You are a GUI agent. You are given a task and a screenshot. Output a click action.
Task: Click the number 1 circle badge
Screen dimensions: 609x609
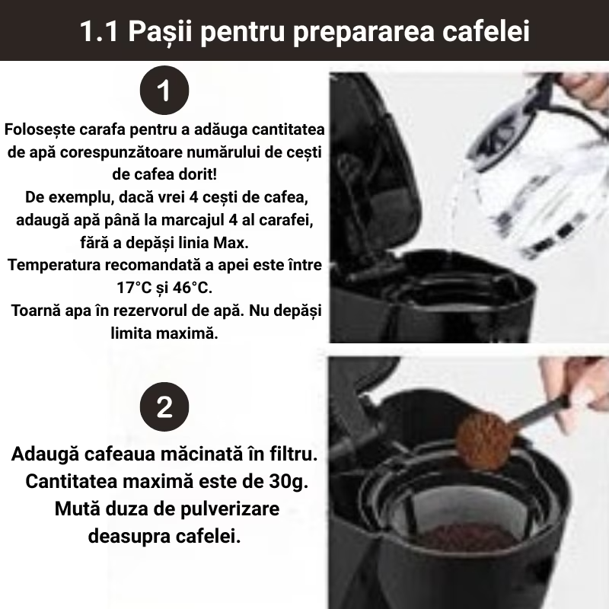[x=164, y=90]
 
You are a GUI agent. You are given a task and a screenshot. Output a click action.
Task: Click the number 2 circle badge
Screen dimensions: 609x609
[x=164, y=407]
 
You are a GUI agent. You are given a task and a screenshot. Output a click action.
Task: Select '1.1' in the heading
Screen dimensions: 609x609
[x=99, y=31]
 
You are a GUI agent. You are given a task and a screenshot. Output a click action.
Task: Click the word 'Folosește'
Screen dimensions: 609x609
[x=40, y=129]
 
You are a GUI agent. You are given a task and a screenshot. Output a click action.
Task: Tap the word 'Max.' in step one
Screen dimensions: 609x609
[x=231, y=243]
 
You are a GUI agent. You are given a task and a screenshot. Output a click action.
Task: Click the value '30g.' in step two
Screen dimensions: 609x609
[x=289, y=482]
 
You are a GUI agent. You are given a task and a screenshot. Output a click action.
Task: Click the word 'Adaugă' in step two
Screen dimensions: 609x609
[x=45, y=454]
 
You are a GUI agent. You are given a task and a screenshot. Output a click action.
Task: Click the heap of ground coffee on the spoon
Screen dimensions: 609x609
[x=483, y=441]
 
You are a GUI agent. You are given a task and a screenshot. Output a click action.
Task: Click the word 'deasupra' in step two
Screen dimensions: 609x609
[x=129, y=537]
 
